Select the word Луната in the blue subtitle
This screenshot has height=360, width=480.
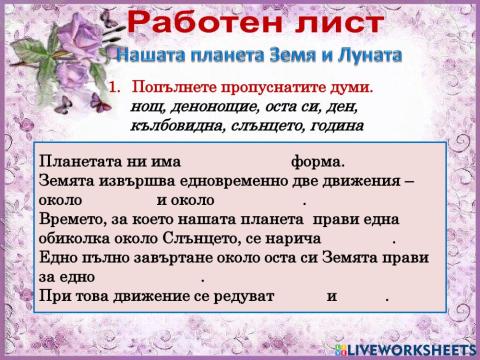tap(365, 53)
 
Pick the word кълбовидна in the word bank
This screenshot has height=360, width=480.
tap(176, 125)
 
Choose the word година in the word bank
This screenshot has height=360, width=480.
tap(331, 125)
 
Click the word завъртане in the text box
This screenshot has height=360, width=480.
tap(160, 258)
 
